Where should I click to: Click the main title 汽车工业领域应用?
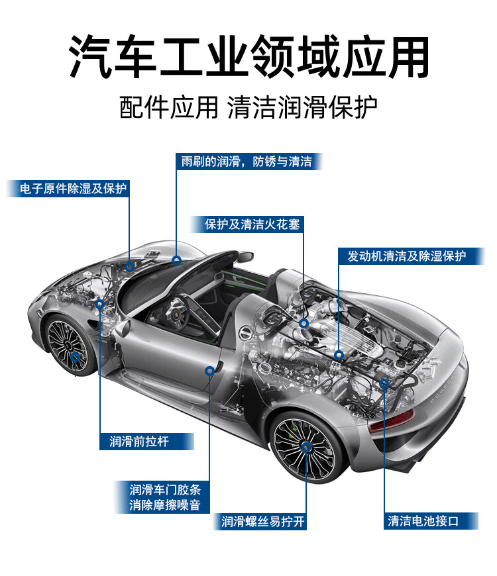point(248,56)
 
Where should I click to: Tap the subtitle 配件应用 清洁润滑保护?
point(248,107)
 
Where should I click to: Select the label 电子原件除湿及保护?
point(68,188)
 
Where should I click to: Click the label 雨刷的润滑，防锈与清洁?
point(247,162)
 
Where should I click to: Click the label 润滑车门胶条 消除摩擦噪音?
point(165,498)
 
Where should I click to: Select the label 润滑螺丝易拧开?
point(263,522)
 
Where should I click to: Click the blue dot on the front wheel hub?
point(75,358)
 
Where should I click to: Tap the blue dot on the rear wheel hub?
point(306,447)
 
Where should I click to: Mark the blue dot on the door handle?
point(210,371)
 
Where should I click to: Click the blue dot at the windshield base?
point(176,260)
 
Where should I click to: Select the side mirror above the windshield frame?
point(245,256)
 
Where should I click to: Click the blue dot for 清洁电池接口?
point(384,383)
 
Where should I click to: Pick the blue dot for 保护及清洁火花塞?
point(304,323)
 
